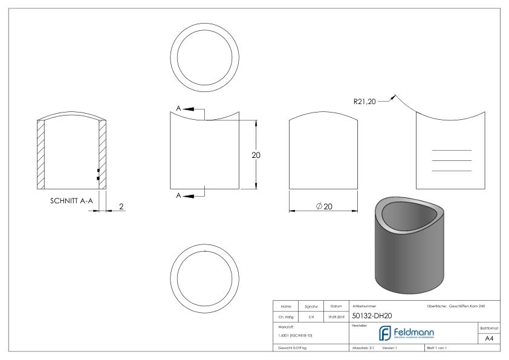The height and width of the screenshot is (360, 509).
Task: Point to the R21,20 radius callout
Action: [365, 101]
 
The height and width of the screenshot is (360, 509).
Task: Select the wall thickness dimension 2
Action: [121, 207]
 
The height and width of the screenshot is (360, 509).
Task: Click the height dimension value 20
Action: [256, 155]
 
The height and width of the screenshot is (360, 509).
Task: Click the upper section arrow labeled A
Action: [187, 109]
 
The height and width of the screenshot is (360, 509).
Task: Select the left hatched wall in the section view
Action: [41, 154]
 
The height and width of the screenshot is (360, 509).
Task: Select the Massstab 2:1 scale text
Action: [363, 349]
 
